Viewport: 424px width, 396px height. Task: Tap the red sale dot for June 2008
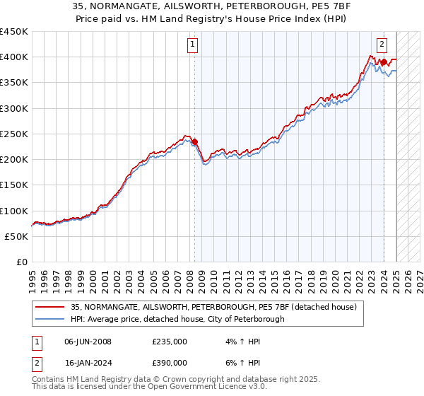[x=194, y=141]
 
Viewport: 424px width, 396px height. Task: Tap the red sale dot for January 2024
[x=384, y=62]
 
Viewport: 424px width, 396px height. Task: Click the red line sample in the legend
[x=51, y=307]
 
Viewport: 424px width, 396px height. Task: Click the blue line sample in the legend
[x=51, y=319]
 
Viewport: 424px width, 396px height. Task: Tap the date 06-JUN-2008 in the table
[x=88, y=342]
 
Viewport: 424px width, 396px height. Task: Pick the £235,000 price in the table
[x=169, y=342]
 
